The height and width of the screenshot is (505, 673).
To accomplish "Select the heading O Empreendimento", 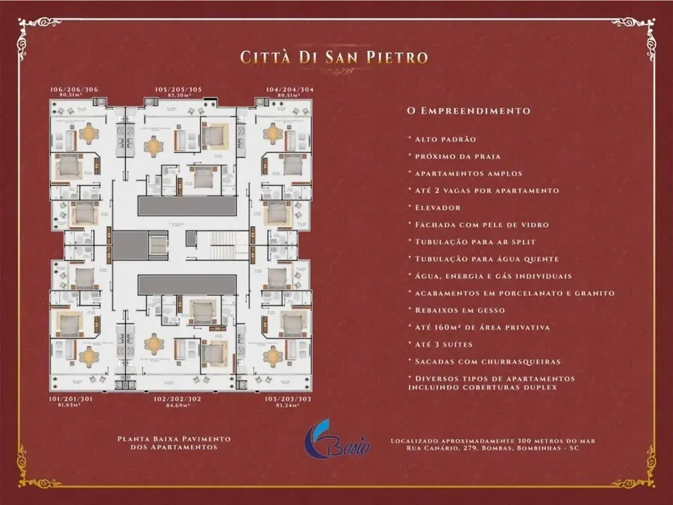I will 469,110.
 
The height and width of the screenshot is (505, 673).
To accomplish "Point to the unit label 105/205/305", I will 179,90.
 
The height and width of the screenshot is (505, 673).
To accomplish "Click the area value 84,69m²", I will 179,406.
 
